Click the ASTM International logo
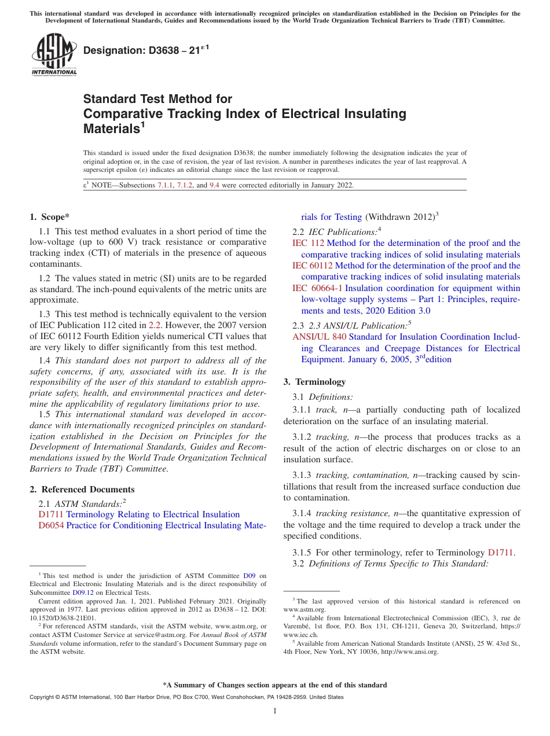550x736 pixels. tap(54, 55)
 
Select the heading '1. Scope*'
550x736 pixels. tap(49, 217)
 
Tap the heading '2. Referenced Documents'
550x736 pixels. tap(82, 490)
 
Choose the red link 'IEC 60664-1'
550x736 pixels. tap(317, 288)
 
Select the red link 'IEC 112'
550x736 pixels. tap(308, 243)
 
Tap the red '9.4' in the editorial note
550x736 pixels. tap(214, 186)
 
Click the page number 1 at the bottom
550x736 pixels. tap(275, 711)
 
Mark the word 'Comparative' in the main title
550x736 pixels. tap(120, 114)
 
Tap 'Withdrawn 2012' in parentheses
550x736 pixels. tap(399, 217)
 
